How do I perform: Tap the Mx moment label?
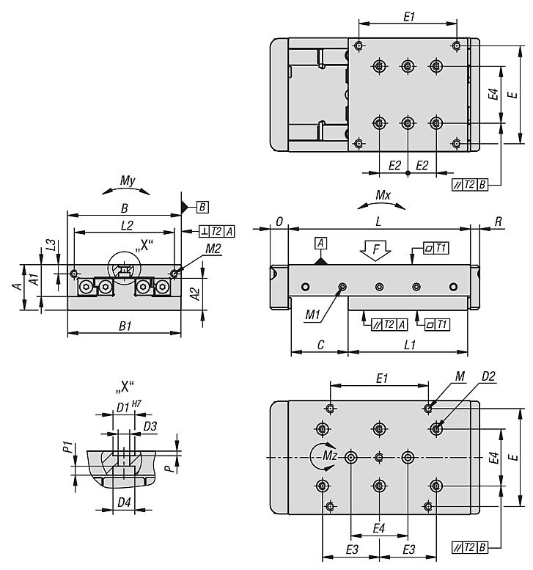pos(381,196)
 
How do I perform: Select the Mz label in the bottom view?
pos(330,456)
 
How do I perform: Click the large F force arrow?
pos(376,251)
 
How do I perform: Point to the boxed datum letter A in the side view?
pos(320,243)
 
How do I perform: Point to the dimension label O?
pos(280,221)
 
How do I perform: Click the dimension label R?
pos(497,221)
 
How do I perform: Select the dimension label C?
pos(319,344)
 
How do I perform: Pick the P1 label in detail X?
pos(67,446)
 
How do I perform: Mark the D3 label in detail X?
pos(149,425)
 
